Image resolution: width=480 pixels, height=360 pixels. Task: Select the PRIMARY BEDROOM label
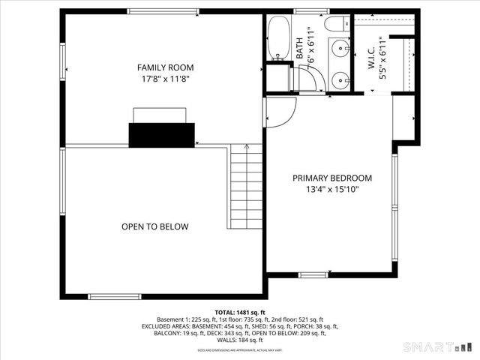(x=331, y=178)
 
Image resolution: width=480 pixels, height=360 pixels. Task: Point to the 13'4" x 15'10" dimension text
(x=331, y=190)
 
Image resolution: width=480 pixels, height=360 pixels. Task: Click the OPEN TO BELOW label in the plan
(x=155, y=226)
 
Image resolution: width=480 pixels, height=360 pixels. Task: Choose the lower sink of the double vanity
(x=341, y=77)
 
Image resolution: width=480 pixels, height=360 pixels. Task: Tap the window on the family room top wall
(x=163, y=11)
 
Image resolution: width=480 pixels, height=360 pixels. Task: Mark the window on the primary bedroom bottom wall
(x=313, y=274)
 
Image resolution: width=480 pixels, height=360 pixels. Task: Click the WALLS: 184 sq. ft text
(x=239, y=340)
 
